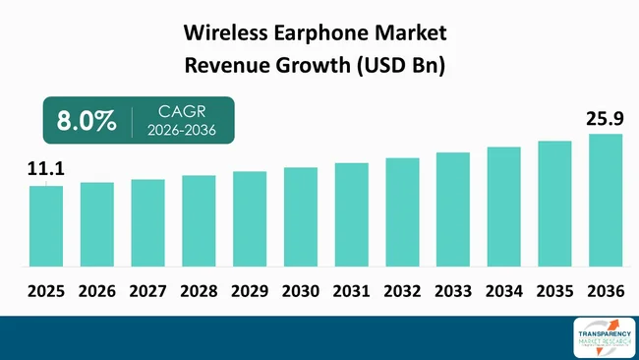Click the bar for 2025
click(x=46, y=226)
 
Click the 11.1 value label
click(x=45, y=172)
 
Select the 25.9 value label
click(x=606, y=120)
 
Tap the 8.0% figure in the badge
click(x=81, y=121)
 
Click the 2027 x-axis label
click(x=147, y=291)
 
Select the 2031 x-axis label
click(x=351, y=291)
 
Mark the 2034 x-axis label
click(x=503, y=291)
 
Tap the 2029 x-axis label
click(x=250, y=291)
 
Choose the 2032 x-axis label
click(x=402, y=291)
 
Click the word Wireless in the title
click(x=228, y=32)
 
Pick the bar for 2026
click(x=97, y=223)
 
